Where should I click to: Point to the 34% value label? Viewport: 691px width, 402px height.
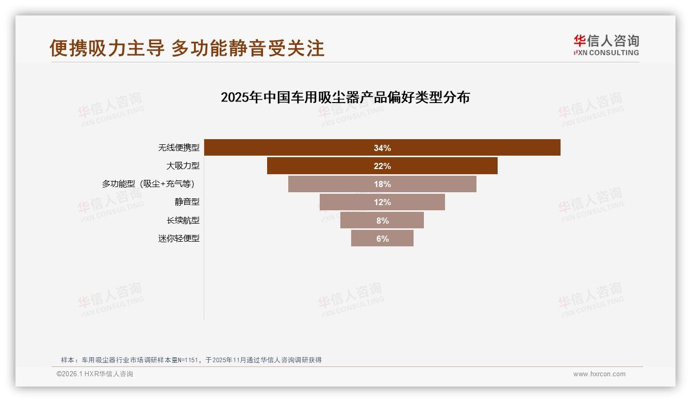click(x=382, y=148)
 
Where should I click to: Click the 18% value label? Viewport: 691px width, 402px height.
click(x=382, y=184)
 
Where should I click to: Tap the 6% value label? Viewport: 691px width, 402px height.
click(x=382, y=239)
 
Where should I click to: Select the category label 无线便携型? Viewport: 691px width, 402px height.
click(x=178, y=147)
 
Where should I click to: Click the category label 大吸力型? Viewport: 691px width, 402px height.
click(x=183, y=166)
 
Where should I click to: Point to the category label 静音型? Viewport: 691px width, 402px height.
click(x=187, y=202)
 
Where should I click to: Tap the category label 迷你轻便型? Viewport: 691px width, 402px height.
click(x=178, y=239)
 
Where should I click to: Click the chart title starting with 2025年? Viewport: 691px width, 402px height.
click(x=345, y=97)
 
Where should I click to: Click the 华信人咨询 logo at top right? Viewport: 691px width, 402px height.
click(x=606, y=45)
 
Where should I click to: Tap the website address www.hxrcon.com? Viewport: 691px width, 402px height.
click(x=599, y=374)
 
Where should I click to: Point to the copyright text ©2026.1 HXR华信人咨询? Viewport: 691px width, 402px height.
click(x=94, y=374)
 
